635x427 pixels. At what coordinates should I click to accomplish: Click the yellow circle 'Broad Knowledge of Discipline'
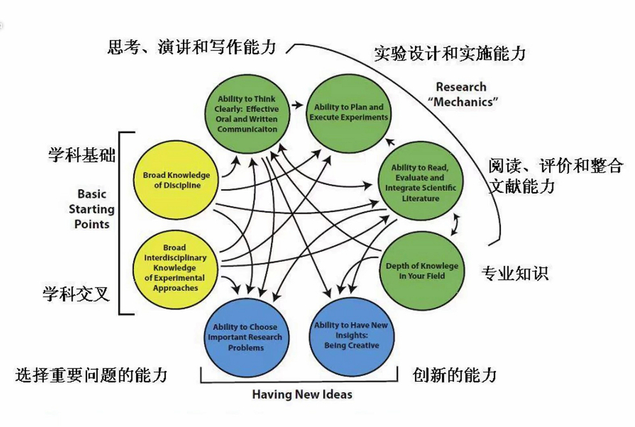coord(176,179)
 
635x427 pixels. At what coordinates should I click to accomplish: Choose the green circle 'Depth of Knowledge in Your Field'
coord(421,270)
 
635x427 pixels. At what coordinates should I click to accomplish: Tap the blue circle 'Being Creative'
coord(351,335)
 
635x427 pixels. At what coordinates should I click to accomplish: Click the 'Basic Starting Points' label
coord(92,209)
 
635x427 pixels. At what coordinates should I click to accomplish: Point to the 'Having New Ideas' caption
coord(302,395)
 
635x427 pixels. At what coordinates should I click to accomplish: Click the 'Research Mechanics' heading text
coord(461,94)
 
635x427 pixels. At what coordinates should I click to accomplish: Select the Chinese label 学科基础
coord(81,155)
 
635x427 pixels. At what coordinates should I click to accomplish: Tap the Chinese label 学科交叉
coord(76,294)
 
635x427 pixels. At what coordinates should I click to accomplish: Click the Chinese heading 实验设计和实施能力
coord(449,53)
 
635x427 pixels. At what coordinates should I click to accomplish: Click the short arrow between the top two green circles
coord(296,103)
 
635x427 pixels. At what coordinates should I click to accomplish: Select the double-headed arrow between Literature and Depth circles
coord(455,223)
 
